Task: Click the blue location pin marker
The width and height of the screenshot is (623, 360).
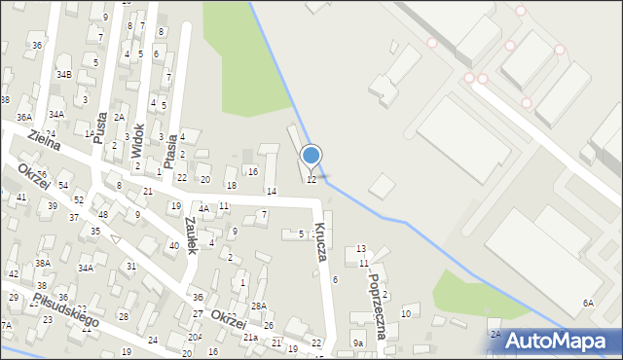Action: (311, 156)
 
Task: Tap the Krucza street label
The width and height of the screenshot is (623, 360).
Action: (321, 238)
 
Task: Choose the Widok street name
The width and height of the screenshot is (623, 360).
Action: (139, 139)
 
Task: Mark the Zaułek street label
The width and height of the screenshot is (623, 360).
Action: (190, 234)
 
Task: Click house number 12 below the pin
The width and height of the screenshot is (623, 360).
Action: (311, 180)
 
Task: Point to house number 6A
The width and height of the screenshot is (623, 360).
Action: (588, 304)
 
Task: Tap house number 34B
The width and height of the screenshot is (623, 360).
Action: (64, 74)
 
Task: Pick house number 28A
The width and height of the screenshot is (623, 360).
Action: (258, 306)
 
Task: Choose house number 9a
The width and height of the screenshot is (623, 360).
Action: (358, 343)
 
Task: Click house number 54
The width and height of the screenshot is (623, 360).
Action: (63, 185)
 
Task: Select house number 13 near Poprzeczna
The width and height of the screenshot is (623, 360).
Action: (361, 249)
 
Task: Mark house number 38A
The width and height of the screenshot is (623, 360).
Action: (43, 263)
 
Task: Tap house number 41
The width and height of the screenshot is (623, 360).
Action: (21, 197)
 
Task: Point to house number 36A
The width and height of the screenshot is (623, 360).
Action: (23, 117)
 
